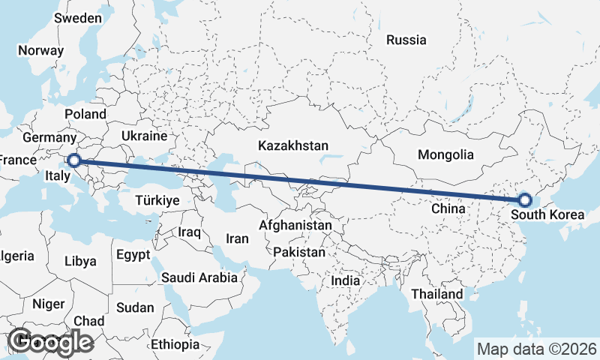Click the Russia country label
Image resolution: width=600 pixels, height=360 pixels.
pyautogui.click(x=406, y=40)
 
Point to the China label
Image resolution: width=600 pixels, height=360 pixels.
pyautogui.click(x=448, y=209)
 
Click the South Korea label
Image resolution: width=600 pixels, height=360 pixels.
pyautogui.click(x=547, y=215)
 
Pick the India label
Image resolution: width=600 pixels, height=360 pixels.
pyautogui.click(x=345, y=280)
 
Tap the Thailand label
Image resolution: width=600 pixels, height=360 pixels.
pyautogui.click(x=436, y=294)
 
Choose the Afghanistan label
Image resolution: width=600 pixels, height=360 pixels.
pyautogui.click(x=295, y=225)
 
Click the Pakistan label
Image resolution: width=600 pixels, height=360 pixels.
pyautogui.click(x=299, y=252)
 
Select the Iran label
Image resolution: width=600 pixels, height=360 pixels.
pyautogui.click(x=237, y=238)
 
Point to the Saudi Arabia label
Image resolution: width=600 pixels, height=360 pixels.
pyautogui.click(x=199, y=277)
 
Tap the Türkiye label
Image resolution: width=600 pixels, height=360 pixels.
pyautogui.click(x=157, y=200)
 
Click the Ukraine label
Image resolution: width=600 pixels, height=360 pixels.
pyautogui.click(x=143, y=136)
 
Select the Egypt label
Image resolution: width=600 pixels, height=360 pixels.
pyautogui.click(x=133, y=255)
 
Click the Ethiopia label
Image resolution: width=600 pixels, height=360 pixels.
pyautogui.click(x=175, y=345)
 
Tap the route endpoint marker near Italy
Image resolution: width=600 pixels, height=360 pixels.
pyautogui.click(x=73, y=160)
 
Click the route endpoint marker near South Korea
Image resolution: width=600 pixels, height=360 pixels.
pyautogui.click(x=524, y=199)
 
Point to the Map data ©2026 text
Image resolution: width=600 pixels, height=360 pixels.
pyautogui.click(x=537, y=349)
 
